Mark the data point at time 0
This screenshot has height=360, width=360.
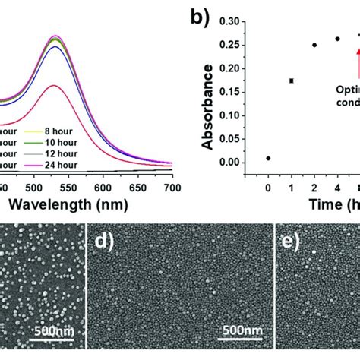[x=268, y=158]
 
